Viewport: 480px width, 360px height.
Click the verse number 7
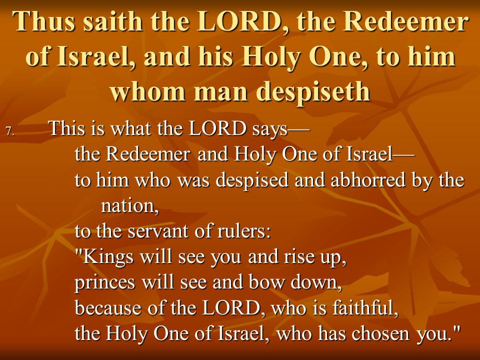(10, 131)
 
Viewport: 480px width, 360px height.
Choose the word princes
(104, 283)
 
